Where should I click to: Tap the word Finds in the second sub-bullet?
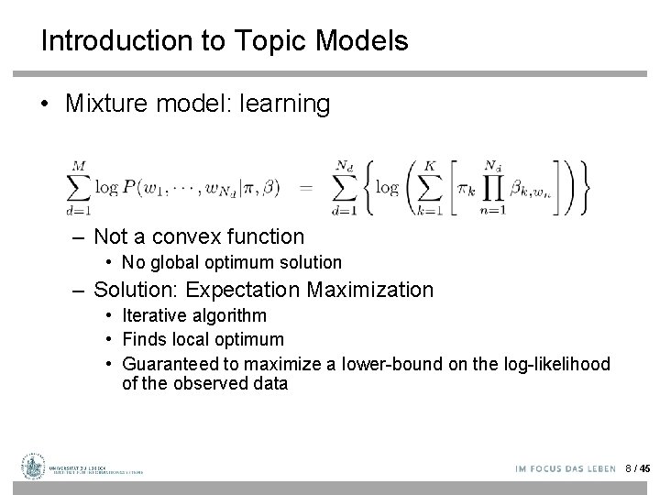(145, 339)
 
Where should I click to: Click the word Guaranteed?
(170, 364)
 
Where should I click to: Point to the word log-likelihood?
(556, 364)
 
